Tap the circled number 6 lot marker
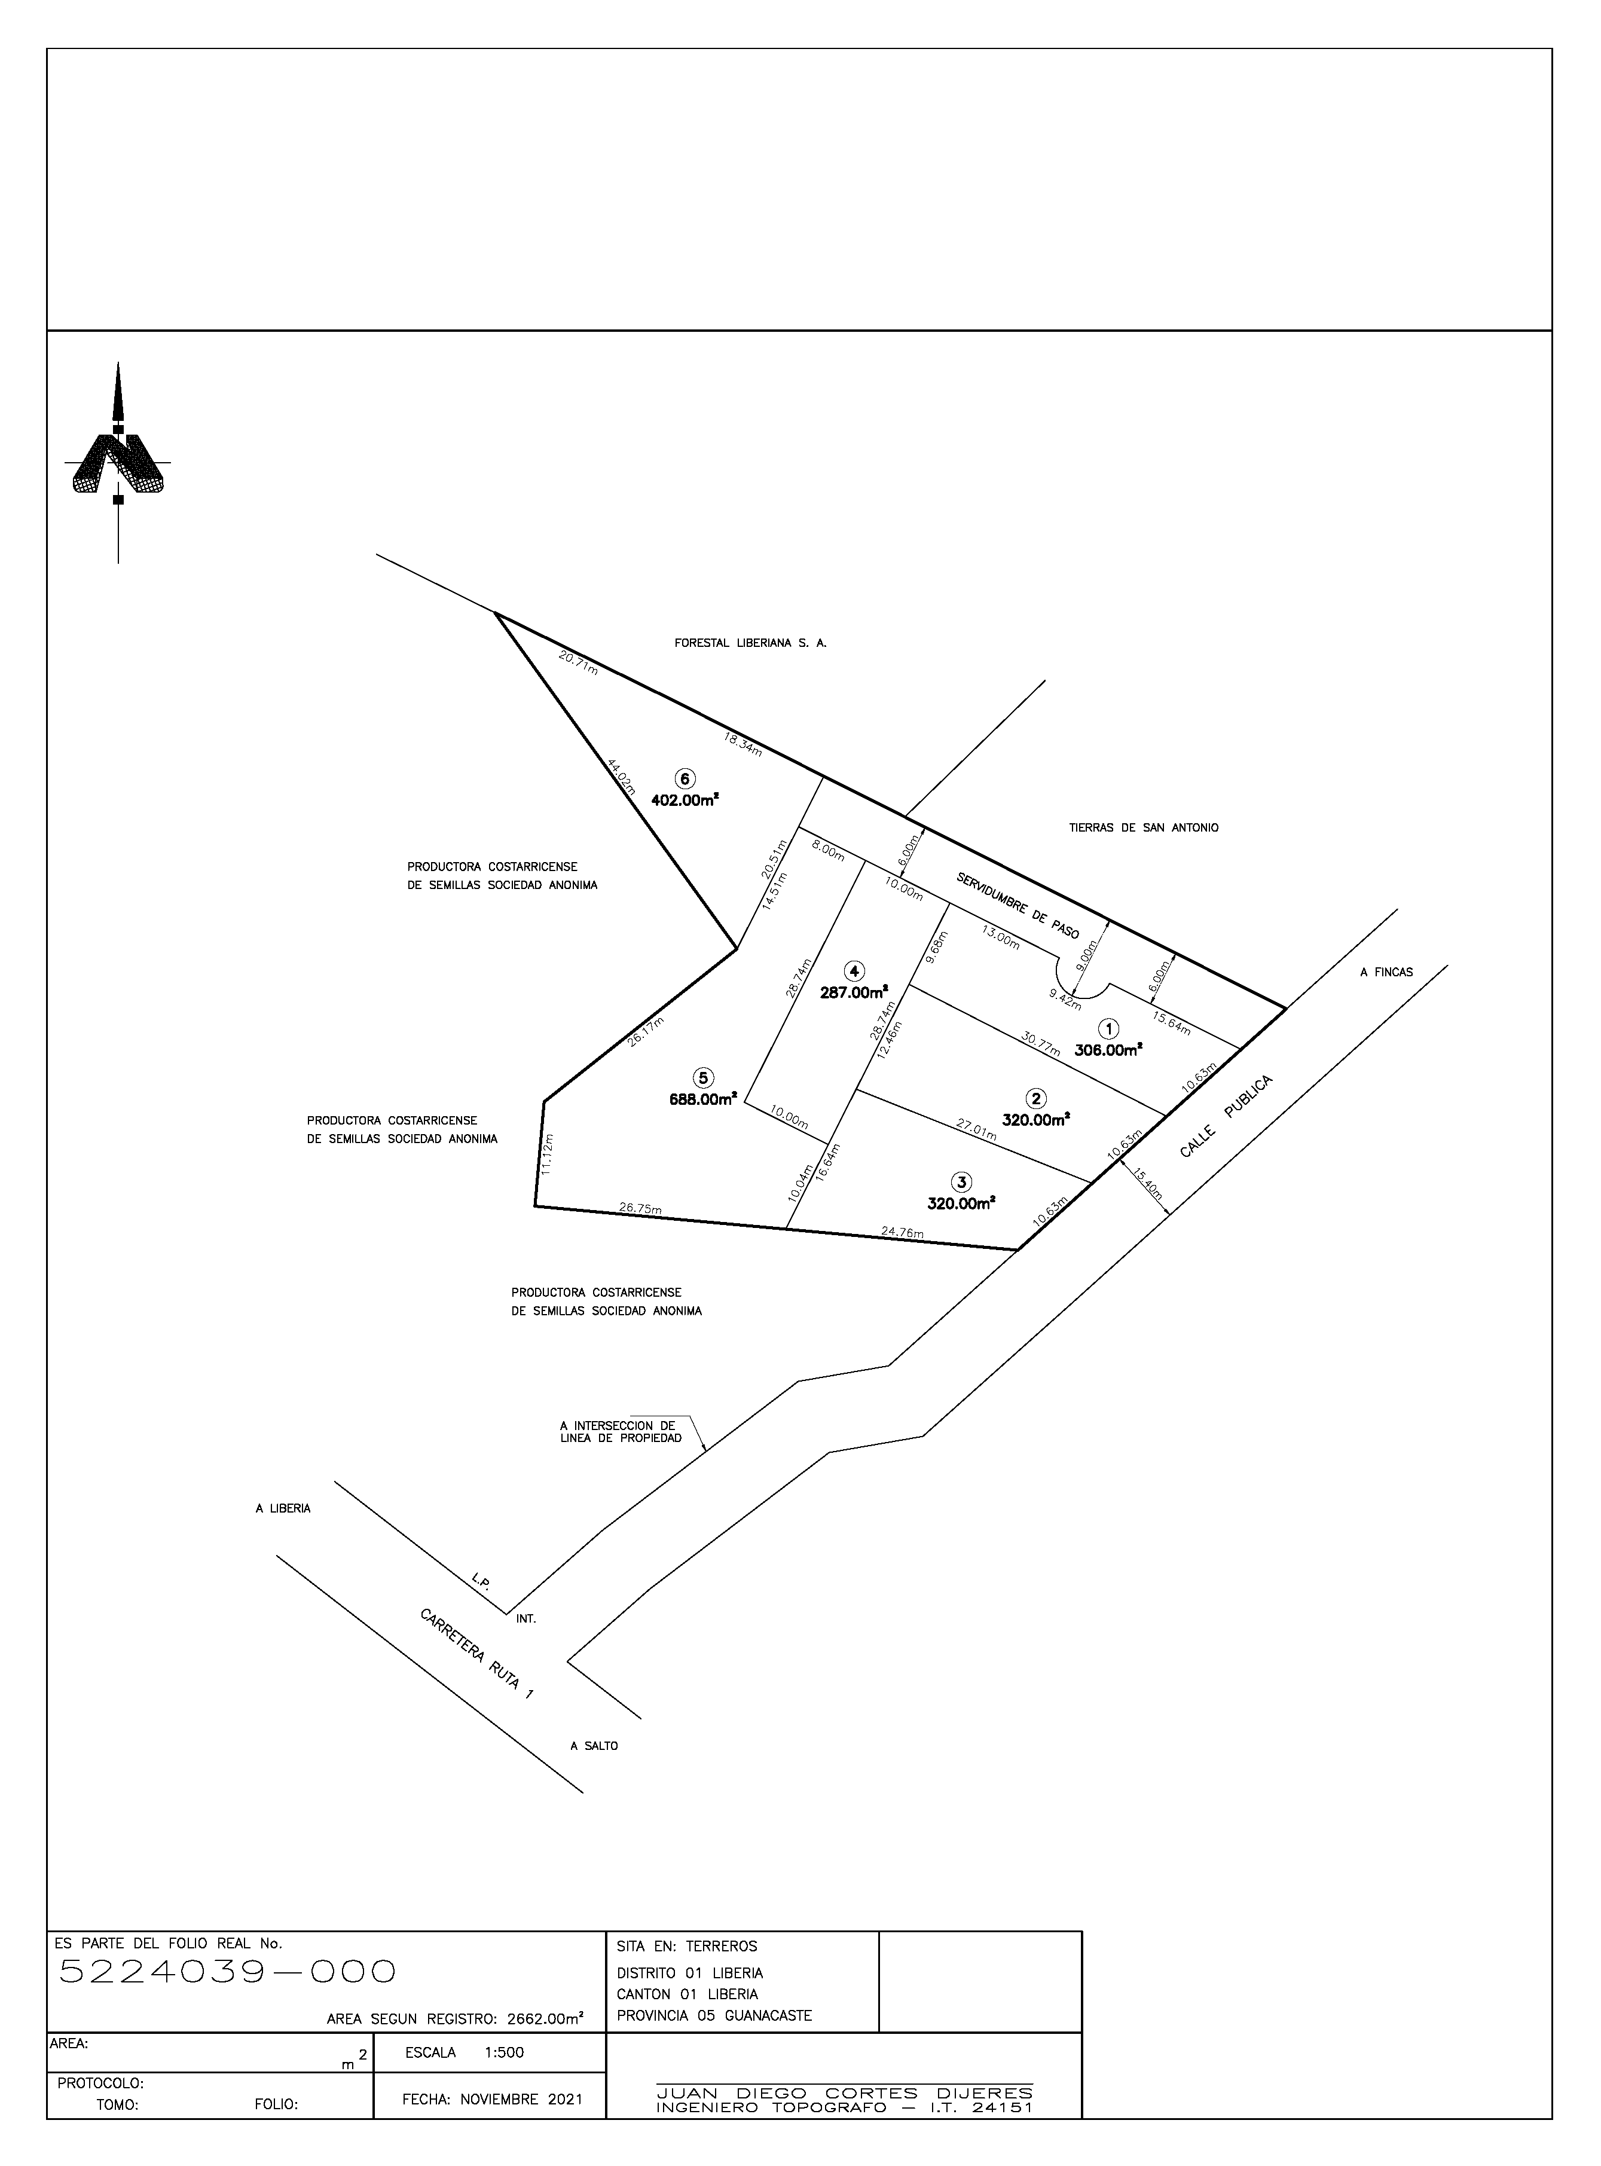click(x=685, y=779)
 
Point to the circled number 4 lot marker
click(x=854, y=971)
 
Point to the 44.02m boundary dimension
click(x=620, y=777)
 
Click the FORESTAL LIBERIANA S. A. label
click(x=750, y=643)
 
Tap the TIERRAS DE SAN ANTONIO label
click(x=1144, y=827)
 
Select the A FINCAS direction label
click(x=1386, y=972)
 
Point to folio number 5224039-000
click(x=228, y=1971)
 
